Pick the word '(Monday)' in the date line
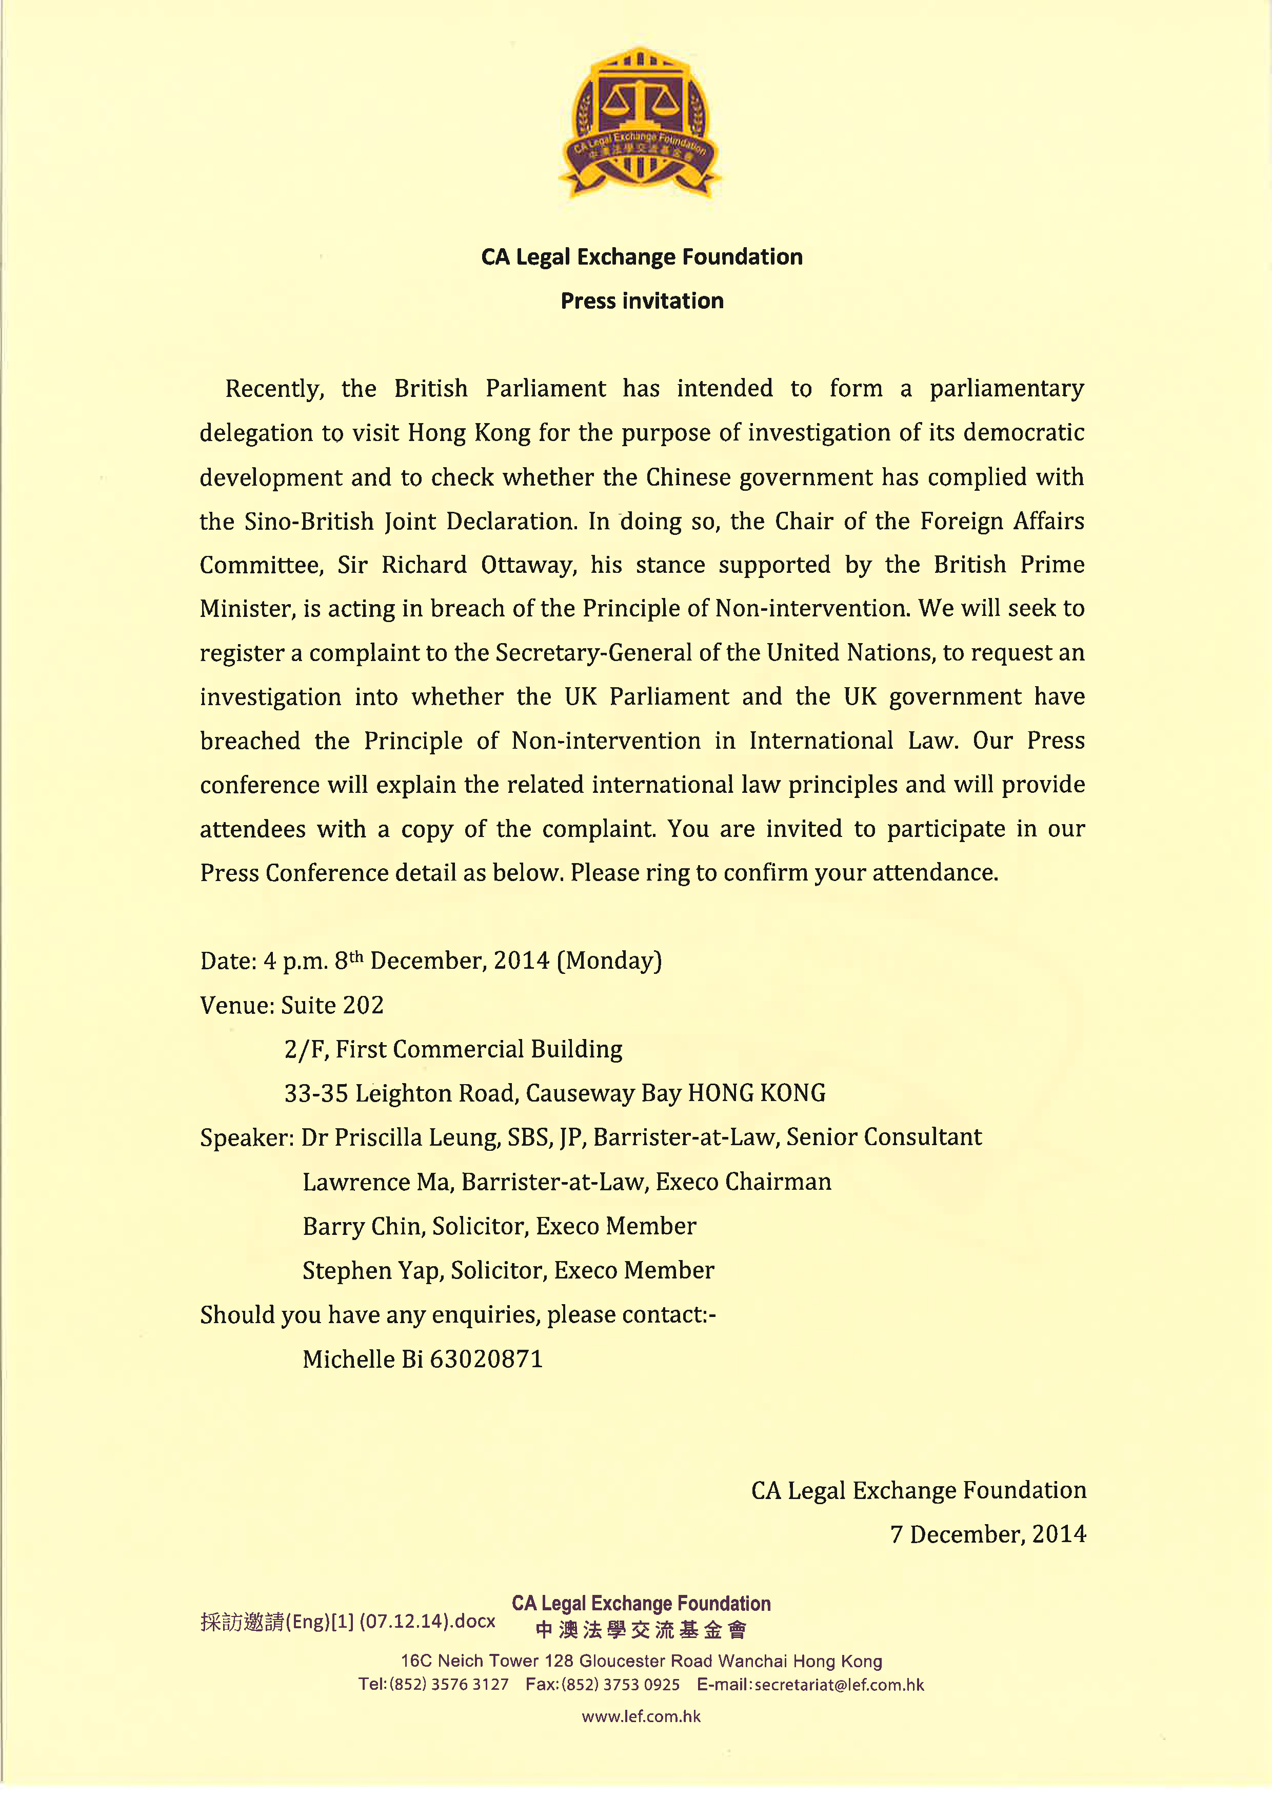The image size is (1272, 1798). (609, 961)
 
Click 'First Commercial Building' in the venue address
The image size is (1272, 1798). (479, 1049)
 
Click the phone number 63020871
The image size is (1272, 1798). (486, 1359)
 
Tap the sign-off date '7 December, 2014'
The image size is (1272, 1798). (988, 1534)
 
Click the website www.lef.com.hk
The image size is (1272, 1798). (641, 1716)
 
